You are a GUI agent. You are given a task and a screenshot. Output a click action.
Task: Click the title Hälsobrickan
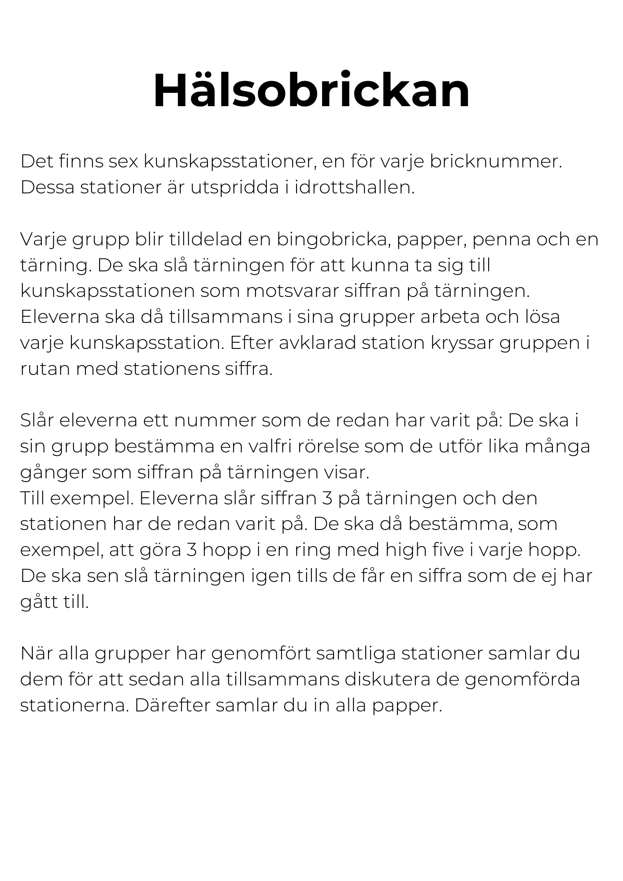coord(311,91)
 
